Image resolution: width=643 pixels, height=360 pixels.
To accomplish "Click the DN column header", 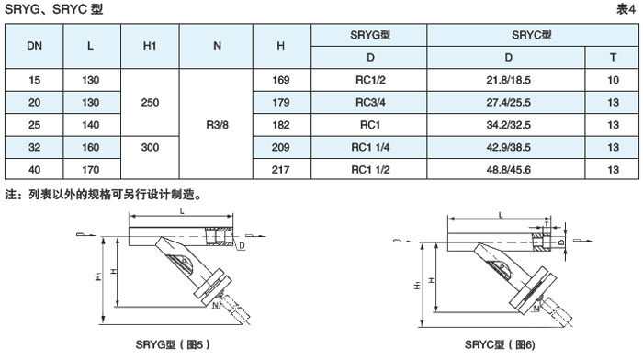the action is click(x=35, y=46).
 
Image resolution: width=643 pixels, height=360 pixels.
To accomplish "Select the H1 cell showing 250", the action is click(x=150, y=103).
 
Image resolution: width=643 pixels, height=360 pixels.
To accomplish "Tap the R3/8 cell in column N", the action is click(x=217, y=125).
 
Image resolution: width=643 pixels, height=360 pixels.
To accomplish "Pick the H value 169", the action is click(x=281, y=80).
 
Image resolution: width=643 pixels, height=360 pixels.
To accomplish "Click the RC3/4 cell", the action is click(x=370, y=103).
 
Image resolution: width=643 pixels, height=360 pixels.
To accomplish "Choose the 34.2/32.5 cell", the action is click(x=509, y=125).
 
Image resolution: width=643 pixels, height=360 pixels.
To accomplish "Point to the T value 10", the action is click(x=613, y=80).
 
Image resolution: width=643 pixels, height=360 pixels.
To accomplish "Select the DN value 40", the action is click(x=35, y=169).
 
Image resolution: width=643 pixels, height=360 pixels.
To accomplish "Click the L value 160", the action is click(x=91, y=147).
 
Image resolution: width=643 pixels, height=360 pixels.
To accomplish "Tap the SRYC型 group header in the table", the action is click(x=532, y=35).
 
